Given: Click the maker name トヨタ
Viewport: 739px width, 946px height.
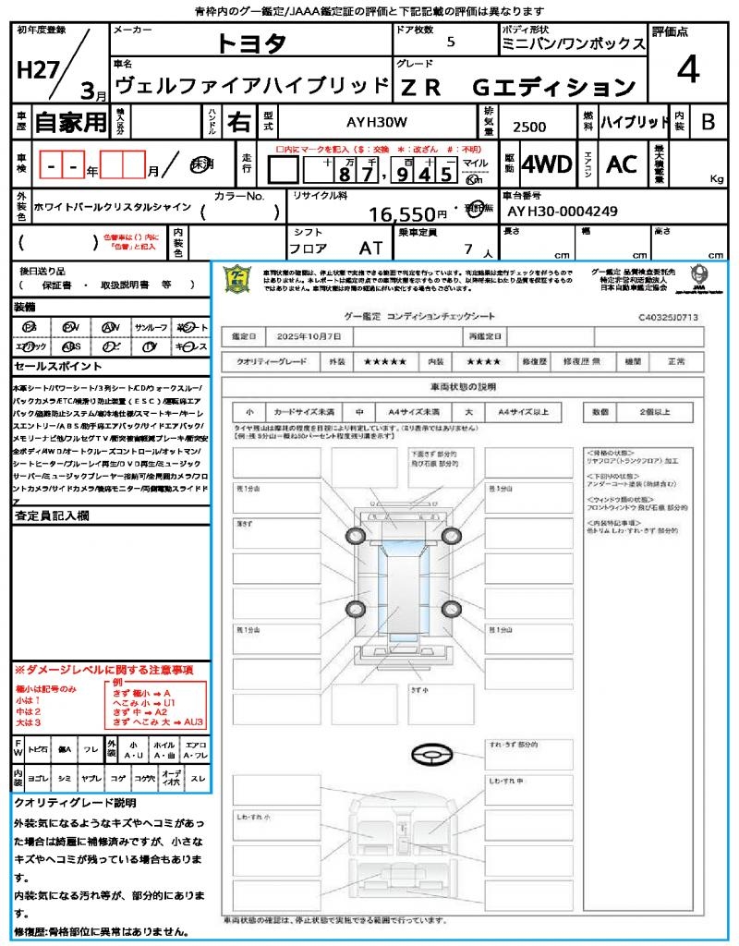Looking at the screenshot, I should [x=251, y=43].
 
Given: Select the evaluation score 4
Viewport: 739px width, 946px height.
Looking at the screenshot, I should [x=686, y=70].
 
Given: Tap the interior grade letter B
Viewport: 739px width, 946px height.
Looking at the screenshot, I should [x=707, y=122].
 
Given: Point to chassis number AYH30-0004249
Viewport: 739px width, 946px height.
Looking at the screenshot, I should [x=563, y=212].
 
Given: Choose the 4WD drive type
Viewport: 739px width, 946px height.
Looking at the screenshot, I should [x=546, y=164].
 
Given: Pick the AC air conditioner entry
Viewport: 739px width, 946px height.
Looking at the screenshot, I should [x=622, y=164].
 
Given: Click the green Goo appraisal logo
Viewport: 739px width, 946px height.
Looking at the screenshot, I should [x=238, y=279].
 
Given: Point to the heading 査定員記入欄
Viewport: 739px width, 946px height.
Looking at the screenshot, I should [x=52, y=517].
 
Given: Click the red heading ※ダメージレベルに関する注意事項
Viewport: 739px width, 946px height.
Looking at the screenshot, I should [x=103, y=669].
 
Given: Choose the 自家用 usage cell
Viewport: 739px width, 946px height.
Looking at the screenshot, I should [x=70, y=121].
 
